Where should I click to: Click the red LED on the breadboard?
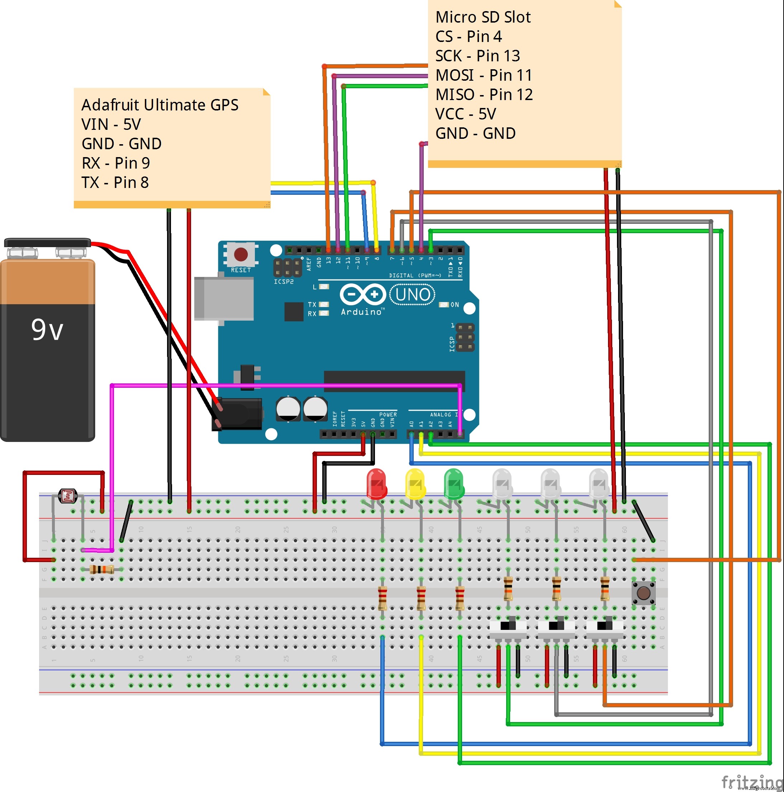(x=376, y=484)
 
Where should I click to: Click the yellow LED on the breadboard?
(x=415, y=484)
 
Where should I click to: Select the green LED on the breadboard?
(x=453, y=484)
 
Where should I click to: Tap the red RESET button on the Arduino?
(x=241, y=254)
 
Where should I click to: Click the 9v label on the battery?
(x=47, y=330)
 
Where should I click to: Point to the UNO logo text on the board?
(x=413, y=295)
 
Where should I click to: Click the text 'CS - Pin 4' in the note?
(x=469, y=37)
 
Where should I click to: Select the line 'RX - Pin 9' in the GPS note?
(x=116, y=163)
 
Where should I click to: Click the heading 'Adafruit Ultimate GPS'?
(x=160, y=105)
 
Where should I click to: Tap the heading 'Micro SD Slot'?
(x=483, y=17)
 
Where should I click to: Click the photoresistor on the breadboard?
(x=68, y=496)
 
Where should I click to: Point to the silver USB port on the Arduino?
(x=224, y=298)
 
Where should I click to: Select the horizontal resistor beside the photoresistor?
(x=101, y=569)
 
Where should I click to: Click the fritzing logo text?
(x=752, y=782)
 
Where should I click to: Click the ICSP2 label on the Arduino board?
(x=284, y=282)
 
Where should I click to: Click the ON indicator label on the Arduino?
(x=454, y=305)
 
